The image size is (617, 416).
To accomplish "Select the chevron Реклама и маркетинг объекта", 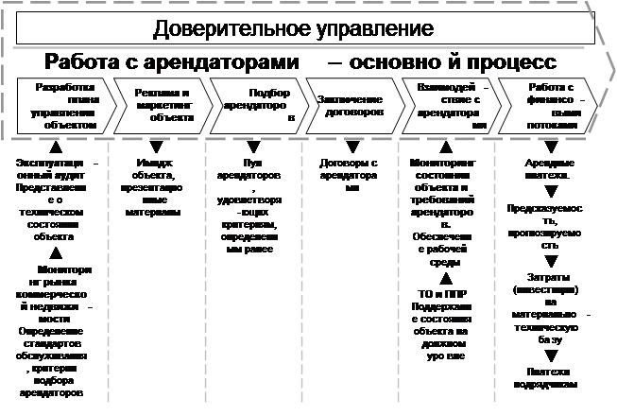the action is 162,105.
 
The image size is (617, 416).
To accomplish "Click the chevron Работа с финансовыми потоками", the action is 548,105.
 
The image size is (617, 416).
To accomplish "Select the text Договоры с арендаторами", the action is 351,168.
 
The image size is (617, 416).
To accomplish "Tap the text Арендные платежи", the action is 549,168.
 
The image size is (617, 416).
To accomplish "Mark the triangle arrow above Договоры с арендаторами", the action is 352,147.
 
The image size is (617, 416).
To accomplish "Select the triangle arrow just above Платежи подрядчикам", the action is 549,355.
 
